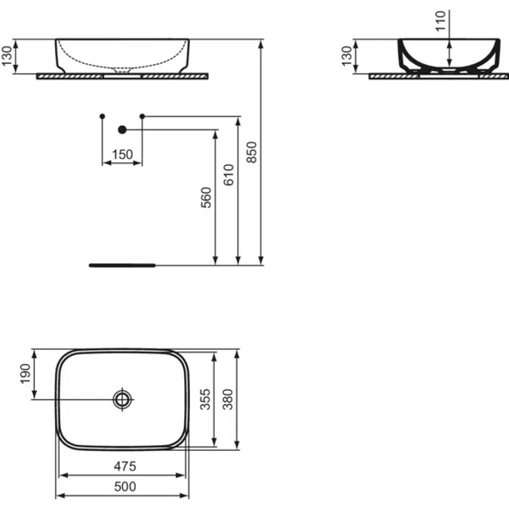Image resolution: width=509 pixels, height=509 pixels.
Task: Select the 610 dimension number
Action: point(230,175)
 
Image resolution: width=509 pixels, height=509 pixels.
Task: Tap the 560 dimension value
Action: point(207,197)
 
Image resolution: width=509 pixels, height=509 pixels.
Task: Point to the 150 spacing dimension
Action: point(121,155)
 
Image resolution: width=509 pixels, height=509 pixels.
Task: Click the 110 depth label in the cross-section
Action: point(441,21)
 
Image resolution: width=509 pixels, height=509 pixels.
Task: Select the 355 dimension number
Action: point(205,399)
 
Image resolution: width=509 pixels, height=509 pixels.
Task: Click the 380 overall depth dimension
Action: point(227,399)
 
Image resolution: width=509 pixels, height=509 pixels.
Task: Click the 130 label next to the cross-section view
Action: point(346,57)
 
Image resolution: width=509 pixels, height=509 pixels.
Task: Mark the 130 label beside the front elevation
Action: point(8,57)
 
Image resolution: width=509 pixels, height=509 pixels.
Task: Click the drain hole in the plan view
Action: point(122,399)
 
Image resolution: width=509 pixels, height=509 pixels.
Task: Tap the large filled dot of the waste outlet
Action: point(121,130)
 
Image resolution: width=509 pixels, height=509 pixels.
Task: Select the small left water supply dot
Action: point(103,116)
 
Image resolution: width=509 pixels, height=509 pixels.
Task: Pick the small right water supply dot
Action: point(142,116)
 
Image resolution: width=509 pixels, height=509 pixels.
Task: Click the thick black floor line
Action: point(121,265)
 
